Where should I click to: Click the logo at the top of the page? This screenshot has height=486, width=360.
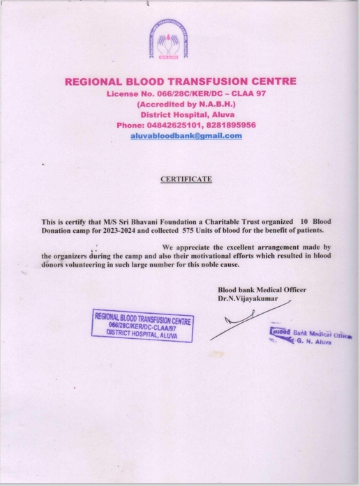[180, 43]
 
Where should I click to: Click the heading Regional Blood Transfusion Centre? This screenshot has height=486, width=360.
[180, 82]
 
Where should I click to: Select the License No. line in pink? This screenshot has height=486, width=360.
[180, 93]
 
